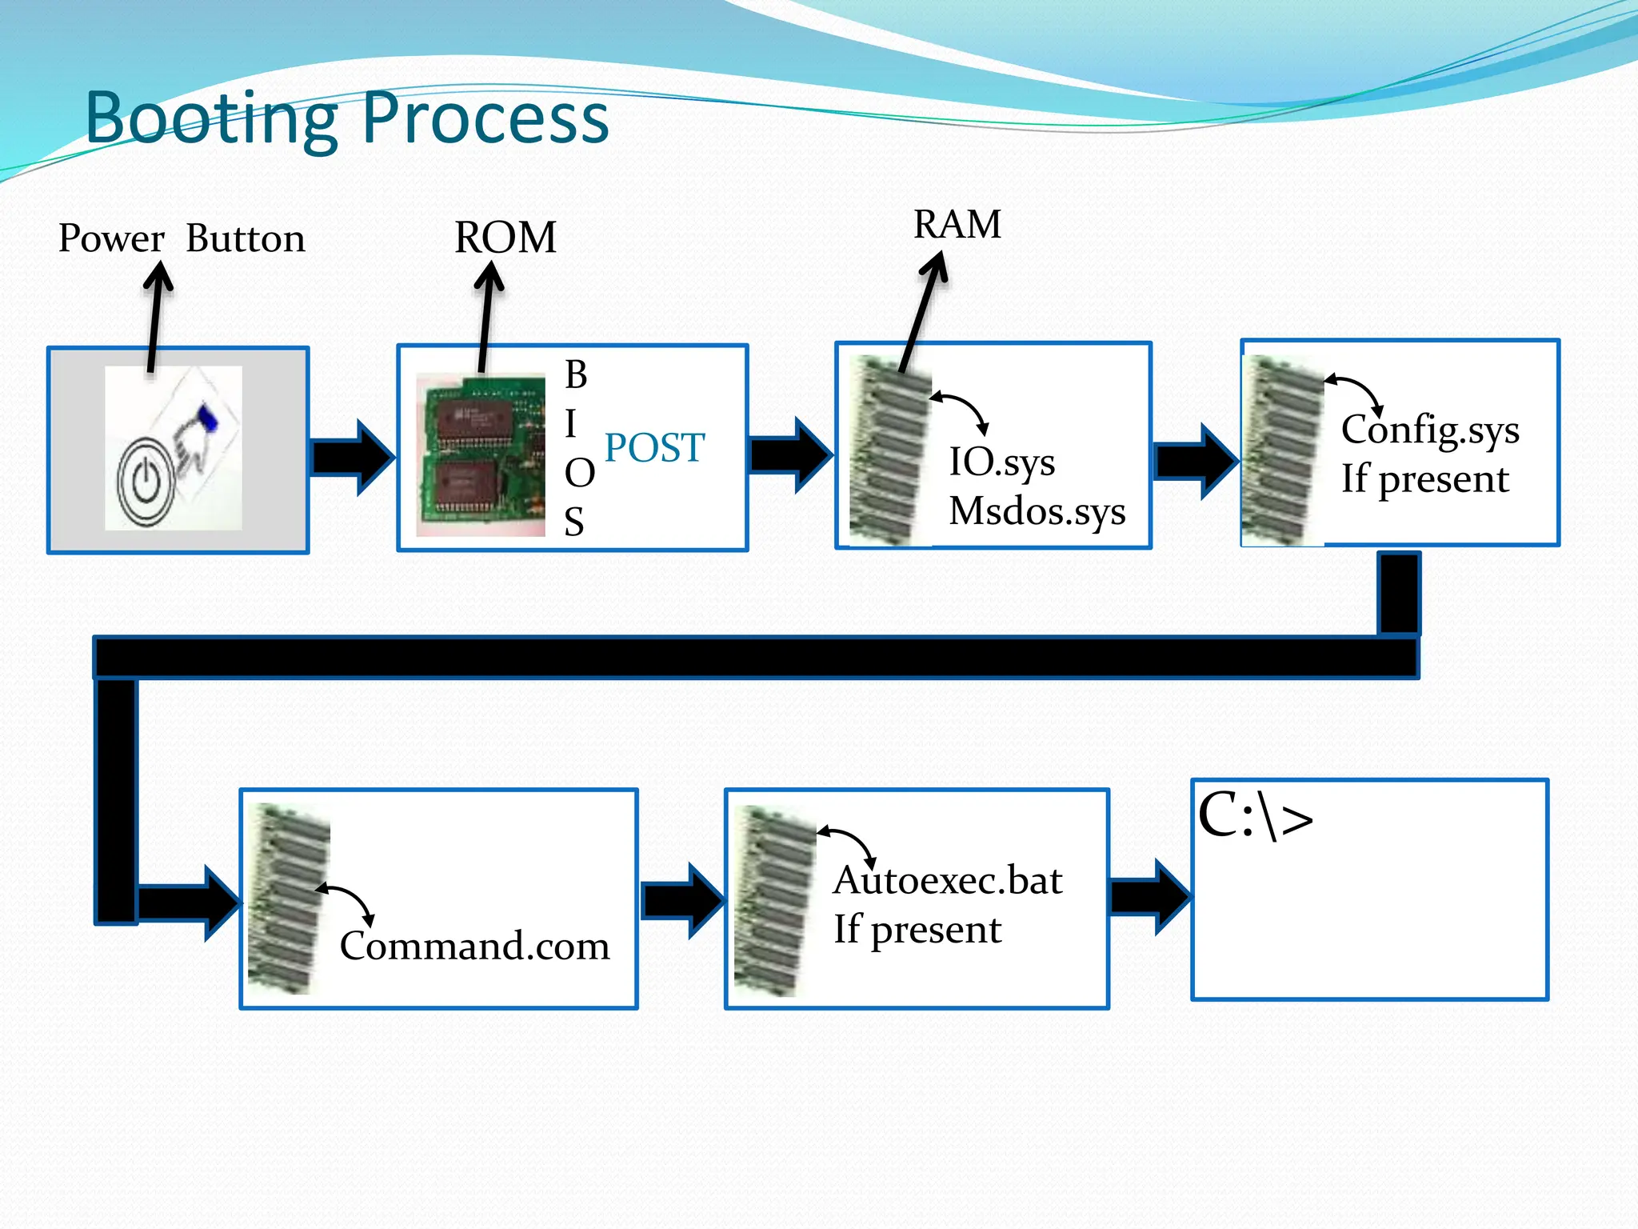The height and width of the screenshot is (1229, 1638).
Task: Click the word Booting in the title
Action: pyautogui.click(x=212, y=120)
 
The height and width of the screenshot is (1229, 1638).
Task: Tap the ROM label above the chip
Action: pyautogui.click(x=505, y=238)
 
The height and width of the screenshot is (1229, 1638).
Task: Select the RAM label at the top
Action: pyautogui.click(x=957, y=224)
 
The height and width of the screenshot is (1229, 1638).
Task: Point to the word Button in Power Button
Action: pyautogui.click(x=246, y=238)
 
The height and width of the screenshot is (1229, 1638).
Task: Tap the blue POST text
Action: pyautogui.click(x=654, y=447)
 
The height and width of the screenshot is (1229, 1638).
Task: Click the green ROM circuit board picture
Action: pyautogui.click(x=481, y=454)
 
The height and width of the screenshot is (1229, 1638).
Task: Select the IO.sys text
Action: pyautogui.click(x=1002, y=462)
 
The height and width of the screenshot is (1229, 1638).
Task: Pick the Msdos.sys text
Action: pyautogui.click(x=1037, y=511)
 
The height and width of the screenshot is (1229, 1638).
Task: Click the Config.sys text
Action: pyautogui.click(x=1430, y=430)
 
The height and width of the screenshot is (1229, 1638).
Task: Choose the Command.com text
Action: pyautogui.click(x=474, y=946)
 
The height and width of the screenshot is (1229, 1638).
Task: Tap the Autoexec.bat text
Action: pyautogui.click(x=948, y=880)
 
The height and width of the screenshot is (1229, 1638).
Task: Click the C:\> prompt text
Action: pyautogui.click(x=1255, y=817)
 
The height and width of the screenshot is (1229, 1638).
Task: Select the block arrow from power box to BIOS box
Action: pyautogui.click(x=352, y=457)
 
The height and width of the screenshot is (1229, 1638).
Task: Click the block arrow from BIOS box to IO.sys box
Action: pyautogui.click(x=790, y=455)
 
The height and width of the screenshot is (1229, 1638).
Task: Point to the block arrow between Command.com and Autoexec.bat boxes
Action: pyautogui.click(x=681, y=901)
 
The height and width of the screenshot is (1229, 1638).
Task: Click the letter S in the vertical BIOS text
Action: pyautogui.click(x=574, y=522)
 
